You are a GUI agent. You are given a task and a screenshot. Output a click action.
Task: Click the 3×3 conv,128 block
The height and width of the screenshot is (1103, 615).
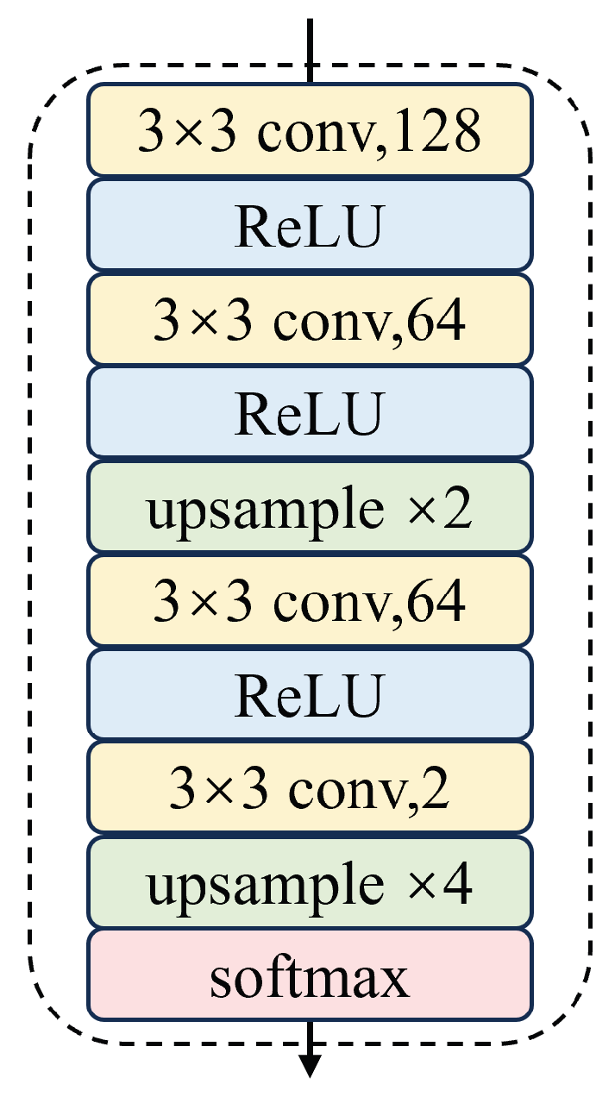tap(308, 129)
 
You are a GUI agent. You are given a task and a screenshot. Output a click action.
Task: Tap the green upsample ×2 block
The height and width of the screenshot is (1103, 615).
tap(308, 507)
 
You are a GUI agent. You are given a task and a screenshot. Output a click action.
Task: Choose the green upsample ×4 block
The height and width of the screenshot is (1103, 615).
tap(308, 883)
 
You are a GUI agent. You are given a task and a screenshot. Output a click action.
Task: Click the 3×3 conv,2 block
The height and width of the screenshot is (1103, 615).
tap(308, 789)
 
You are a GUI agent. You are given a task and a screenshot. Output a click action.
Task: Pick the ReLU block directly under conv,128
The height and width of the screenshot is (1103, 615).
tap(308, 224)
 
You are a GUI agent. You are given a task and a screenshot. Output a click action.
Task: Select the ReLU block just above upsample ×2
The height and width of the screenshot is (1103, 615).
tap(308, 412)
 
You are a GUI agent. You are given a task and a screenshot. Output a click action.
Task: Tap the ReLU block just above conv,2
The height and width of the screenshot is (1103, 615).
tap(308, 695)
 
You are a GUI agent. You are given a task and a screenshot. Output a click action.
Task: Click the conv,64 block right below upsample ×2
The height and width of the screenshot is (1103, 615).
tap(308, 601)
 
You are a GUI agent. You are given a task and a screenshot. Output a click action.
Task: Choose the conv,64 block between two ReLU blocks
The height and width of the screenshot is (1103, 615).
tap(308, 318)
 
